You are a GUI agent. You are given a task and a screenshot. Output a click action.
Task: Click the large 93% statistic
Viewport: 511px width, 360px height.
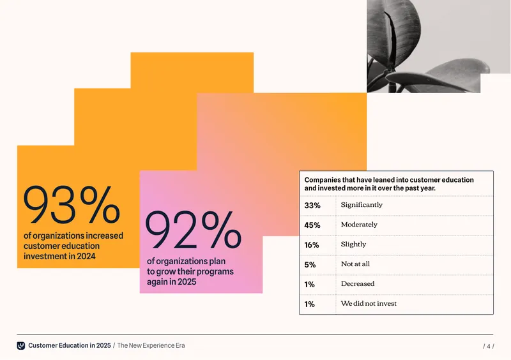pos(72,205)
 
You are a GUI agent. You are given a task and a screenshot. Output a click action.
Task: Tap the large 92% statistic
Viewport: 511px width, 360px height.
pos(194,230)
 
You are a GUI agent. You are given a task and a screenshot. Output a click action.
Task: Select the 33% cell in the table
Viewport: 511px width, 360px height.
pos(312,206)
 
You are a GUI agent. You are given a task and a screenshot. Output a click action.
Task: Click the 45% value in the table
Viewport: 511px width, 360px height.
pos(312,225)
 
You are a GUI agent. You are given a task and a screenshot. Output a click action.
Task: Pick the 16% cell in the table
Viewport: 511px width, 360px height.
pos(312,245)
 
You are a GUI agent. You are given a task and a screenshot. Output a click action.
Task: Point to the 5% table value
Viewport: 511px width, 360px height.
pos(310,264)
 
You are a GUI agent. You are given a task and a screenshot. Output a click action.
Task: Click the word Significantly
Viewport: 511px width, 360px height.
pos(362,205)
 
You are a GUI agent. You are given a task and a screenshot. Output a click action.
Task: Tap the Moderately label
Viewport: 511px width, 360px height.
pos(359,225)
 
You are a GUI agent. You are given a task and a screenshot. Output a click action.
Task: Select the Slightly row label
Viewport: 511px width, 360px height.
pos(354,244)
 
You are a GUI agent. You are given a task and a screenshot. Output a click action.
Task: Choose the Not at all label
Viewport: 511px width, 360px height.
pos(355,264)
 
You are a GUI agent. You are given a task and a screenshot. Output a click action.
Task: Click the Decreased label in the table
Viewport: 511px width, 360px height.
pos(358,283)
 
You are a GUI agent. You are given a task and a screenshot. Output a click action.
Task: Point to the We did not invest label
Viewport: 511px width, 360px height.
pos(369,303)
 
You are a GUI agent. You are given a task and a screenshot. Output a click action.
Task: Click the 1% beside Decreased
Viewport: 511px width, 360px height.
pos(309,285)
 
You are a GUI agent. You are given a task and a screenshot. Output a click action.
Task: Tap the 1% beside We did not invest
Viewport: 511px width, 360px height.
pos(309,304)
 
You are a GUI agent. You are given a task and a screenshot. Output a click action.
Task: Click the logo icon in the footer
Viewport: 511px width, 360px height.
pos(21,346)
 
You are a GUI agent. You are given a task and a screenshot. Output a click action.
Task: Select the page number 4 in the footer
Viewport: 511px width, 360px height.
pos(489,347)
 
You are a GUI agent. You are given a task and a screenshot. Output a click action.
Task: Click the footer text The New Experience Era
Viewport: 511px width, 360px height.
pos(151,345)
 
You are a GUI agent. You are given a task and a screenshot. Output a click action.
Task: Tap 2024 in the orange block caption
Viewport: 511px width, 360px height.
pos(86,256)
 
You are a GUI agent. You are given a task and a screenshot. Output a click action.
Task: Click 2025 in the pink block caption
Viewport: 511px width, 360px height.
pos(187,281)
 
